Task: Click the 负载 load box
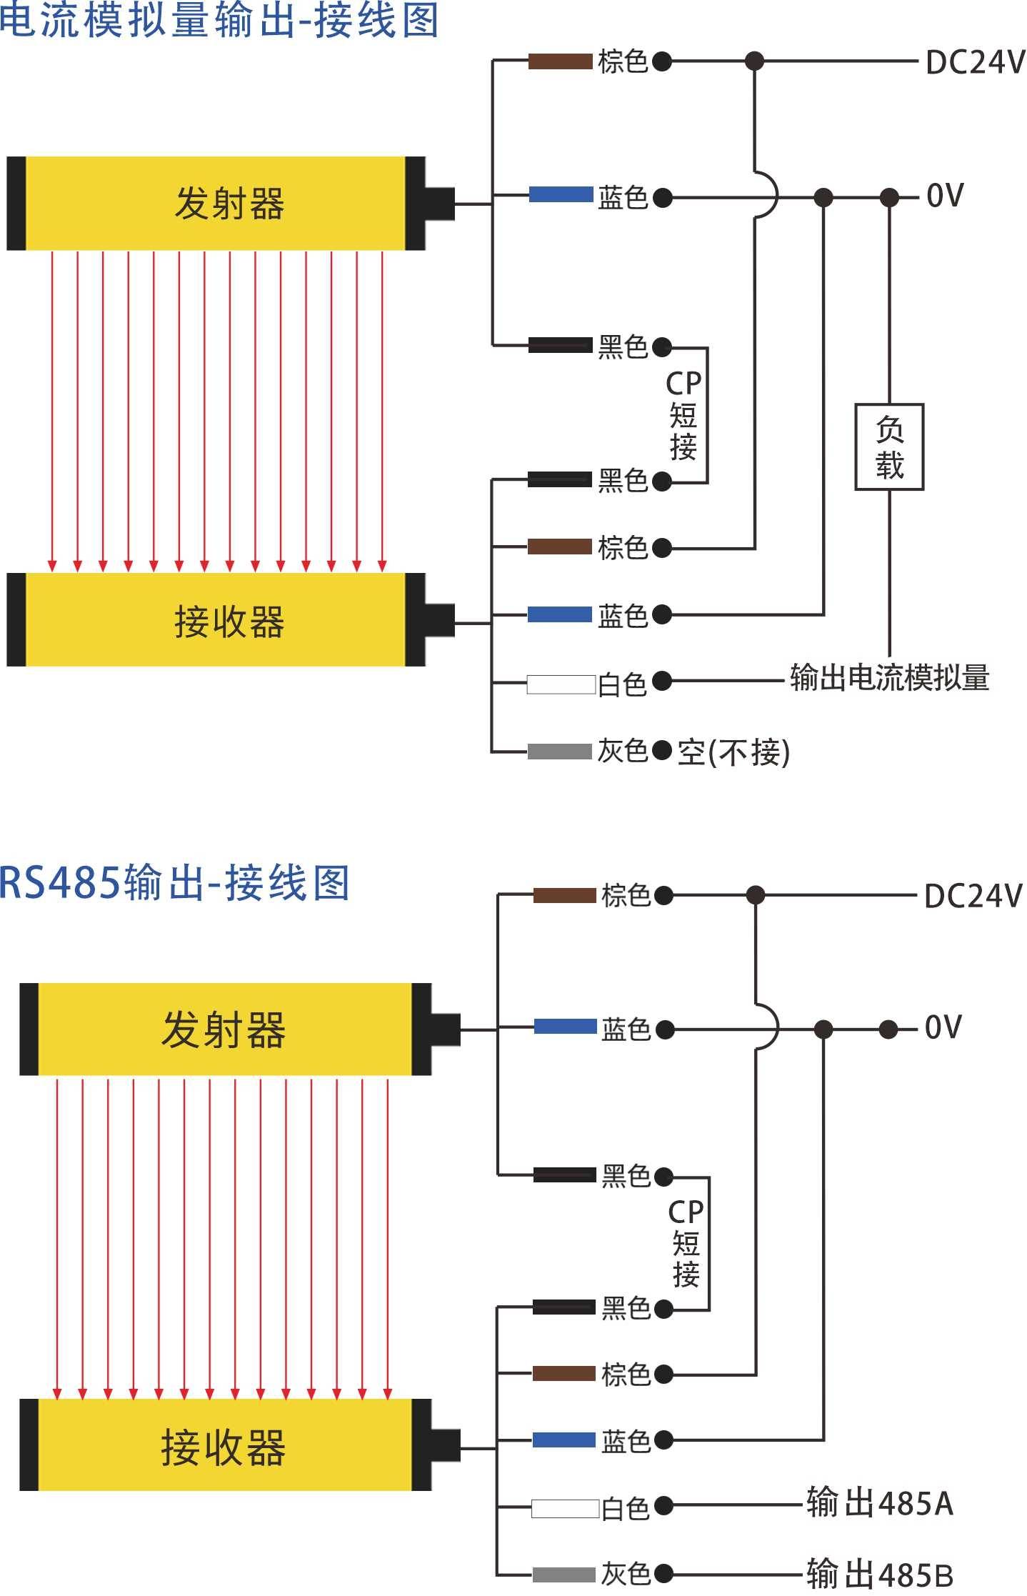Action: click(x=889, y=447)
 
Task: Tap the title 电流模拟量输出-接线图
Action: click(x=219, y=19)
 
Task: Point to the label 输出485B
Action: click(x=880, y=1574)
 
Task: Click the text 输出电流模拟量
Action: click(x=889, y=677)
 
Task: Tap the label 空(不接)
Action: click(x=733, y=752)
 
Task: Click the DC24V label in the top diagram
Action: click(x=975, y=62)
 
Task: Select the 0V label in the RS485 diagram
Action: click(x=943, y=1027)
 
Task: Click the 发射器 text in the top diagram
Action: click(x=229, y=204)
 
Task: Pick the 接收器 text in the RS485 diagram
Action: click(x=224, y=1448)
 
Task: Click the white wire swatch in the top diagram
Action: click(x=561, y=684)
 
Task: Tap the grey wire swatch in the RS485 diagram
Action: click(x=563, y=1575)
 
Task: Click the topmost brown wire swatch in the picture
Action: click(x=561, y=61)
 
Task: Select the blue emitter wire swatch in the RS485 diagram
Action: click(x=565, y=1027)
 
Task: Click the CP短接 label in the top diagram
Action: click(x=683, y=415)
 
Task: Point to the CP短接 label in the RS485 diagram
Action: click(x=686, y=1244)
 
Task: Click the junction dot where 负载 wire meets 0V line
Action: click(x=889, y=196)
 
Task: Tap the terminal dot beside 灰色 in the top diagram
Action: click(x=662, y=750)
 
